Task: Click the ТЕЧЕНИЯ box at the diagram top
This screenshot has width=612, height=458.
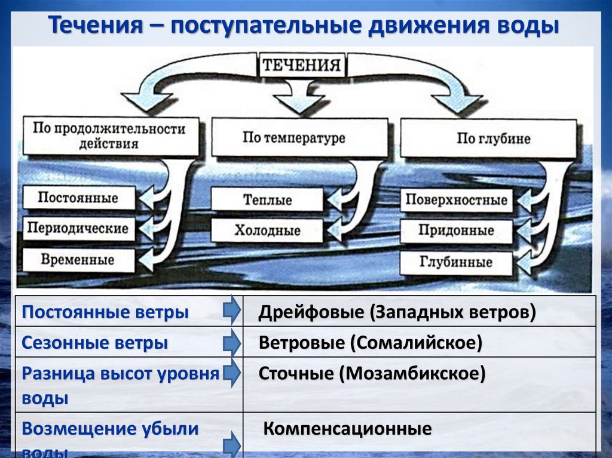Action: tap(302, 65)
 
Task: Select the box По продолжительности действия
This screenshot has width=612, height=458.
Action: tap(110, 136)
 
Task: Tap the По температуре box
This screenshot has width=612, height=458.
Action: tap(295, 138)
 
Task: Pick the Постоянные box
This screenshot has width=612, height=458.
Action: tap(78, 198)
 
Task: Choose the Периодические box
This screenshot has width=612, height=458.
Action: tap(78, 229)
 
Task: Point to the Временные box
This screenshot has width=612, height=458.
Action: tap(78, 260)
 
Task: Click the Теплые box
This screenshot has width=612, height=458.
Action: tap(267, 199)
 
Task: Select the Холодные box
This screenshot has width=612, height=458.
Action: tap(267, 230)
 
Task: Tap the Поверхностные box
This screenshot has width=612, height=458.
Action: tap(456, 200)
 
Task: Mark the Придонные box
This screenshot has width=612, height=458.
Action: tap(456, 230)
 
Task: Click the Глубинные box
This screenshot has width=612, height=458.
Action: tap(456, 262)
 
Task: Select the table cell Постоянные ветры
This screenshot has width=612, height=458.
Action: tap(105, 312)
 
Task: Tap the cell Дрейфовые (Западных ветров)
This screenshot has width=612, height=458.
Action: tap(397, 312)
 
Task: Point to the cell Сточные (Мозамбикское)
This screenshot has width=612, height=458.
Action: tap(372, 374)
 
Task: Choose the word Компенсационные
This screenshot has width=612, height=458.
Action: tap(347, 429)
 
